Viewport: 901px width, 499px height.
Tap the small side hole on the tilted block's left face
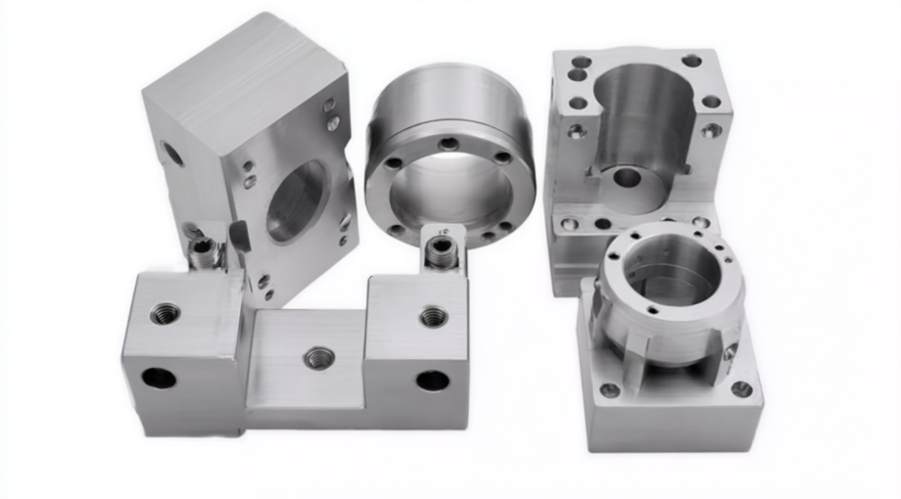click(x=170, y=153)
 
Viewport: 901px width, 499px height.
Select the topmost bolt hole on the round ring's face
click(x=449, y=144)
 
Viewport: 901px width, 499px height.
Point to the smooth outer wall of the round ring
click(x=446, y=98)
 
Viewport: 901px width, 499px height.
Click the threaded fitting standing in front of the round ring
click(x=441, y=253)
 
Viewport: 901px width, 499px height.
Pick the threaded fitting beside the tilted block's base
click(x=205, y=253)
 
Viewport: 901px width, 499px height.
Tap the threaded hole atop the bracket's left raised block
click(x=165, y=314)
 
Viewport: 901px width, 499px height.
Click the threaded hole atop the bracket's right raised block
click(x=434, y=316)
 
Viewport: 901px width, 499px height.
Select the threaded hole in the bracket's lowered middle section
click(x=318, y=358)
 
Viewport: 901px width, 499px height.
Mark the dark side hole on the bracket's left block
click(x=158, y=378)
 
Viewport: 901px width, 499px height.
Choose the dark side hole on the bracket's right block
click(x=432, y=380)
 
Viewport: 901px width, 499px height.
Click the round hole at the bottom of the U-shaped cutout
click(x=626, y=178)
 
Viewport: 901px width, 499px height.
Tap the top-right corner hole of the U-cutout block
click(x=691, y=61)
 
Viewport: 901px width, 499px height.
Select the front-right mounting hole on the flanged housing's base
click(x=741, y=388)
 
